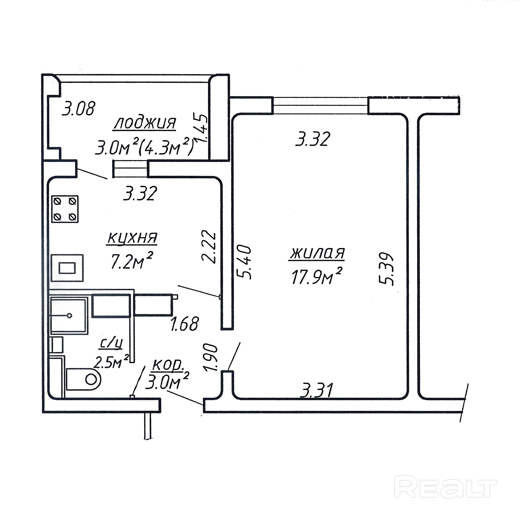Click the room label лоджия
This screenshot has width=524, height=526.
point(145,123)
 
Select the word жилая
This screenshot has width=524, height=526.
point(317,253)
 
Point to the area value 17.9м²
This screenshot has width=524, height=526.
point(316,276)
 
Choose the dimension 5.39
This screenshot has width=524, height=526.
point(387,269)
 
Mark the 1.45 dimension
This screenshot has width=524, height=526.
point(201,127)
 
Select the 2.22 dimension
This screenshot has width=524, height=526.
point(209,247)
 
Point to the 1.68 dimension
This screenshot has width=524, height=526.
point(185,323)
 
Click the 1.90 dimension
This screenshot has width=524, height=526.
point(211,358)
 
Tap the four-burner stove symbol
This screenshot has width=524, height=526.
point(65,209)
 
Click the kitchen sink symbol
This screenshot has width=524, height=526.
point(67,268)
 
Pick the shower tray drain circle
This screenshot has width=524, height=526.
point(69,316)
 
